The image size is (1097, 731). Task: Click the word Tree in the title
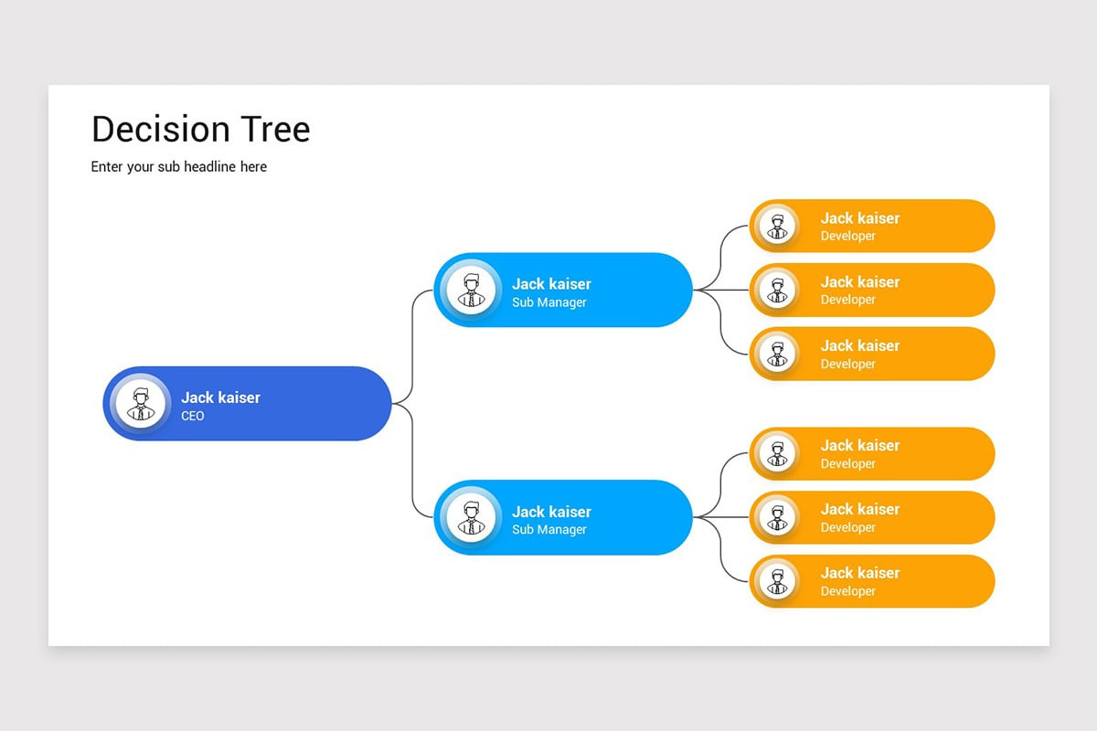275,129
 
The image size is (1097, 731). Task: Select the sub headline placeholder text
179,166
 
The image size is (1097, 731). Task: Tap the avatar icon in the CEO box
141,403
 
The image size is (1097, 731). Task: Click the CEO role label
193,417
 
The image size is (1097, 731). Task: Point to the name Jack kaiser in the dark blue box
220,397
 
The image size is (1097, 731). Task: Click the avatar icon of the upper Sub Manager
472,290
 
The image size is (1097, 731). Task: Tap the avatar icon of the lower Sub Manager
472,517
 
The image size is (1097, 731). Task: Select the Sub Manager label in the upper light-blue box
548,302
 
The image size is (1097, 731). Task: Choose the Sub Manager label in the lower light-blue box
548,530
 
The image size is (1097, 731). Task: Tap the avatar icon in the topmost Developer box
778,226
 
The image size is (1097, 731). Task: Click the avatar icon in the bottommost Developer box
778,581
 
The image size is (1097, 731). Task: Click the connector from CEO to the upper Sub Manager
413,338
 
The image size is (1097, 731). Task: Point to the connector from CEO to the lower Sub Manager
413,466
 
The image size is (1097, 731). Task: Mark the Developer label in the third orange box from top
847,364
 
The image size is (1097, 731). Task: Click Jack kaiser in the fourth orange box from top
859,445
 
